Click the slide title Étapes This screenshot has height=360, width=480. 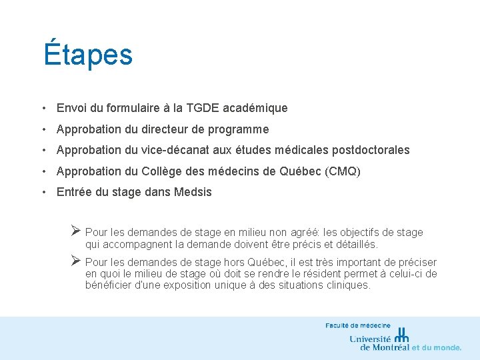(x=88, y=54)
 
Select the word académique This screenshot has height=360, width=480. (x=257, y=108)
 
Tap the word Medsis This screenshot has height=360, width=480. (x=193, y=193)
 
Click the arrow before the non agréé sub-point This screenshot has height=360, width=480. (x=76, y=231)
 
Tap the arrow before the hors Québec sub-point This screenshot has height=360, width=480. (x=76, y=261)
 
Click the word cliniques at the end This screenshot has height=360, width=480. (x=347, y=285)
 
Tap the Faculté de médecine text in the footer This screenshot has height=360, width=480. (x=358, y=325)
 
